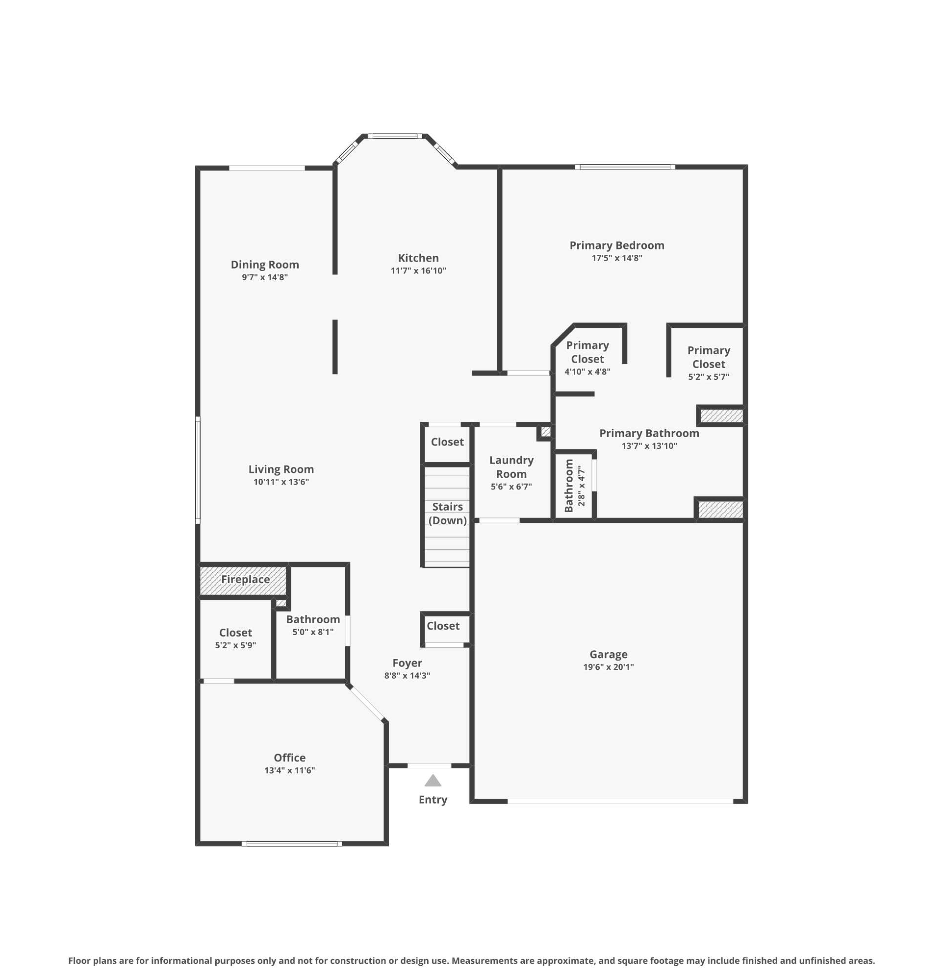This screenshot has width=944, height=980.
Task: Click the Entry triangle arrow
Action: point(433,781)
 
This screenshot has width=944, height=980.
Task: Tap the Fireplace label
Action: point(245,579)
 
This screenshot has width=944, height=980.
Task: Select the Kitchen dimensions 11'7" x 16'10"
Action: point(418,270)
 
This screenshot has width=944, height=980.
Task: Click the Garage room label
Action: point(608,654)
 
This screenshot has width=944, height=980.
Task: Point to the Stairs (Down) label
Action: point(448,514)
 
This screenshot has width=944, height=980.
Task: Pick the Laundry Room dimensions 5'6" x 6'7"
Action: point(511,487)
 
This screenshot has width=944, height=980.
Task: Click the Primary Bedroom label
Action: point(617,245)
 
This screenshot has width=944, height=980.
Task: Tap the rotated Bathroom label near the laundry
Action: point(569,486)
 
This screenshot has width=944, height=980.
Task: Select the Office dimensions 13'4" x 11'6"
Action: point(290,770)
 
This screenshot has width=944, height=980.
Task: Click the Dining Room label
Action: point(265,265)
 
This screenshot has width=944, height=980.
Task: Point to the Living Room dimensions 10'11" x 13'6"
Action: point(281,482)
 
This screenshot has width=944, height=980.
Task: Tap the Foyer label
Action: point(407,663)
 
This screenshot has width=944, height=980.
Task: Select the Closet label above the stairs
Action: point(447,442)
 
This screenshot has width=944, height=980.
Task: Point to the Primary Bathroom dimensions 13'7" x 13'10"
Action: point(649,446)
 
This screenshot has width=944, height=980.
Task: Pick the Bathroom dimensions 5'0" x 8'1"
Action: point(313,632)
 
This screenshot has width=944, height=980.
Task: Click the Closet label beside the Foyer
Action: point(443,626)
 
